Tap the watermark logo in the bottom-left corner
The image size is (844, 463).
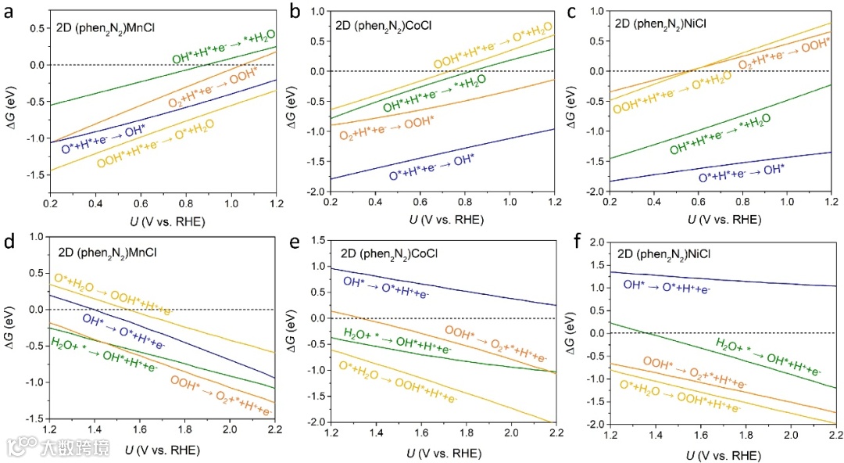click(x=18, y=447)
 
